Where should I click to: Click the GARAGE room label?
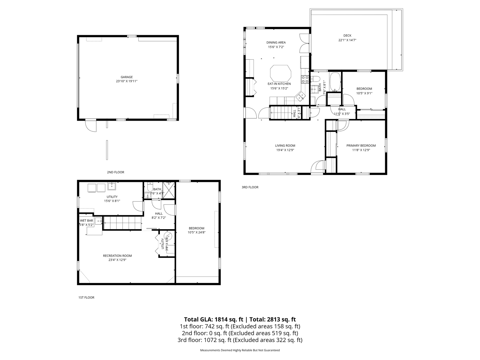[127, 77]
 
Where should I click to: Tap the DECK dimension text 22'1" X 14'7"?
[347, 40]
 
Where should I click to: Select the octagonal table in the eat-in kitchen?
[281, 73]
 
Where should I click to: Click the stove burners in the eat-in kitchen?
[305, 79]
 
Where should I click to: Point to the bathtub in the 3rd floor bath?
[335, 82]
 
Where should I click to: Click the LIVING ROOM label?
[285, 146]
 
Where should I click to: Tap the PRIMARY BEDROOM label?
[361, 146]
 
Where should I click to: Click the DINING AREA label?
[276, 42]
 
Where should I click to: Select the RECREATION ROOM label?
[117, 256]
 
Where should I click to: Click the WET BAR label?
[86, 221]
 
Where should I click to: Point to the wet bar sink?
[98, 221]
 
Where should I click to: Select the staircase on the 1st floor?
[122, 223]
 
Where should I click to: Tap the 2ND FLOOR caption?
[115, 172]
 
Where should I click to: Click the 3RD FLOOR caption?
[250, 187]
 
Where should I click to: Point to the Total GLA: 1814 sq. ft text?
[214, 319]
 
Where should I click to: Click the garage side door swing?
[91, 126]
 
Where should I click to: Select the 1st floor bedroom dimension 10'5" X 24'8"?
[196, 233]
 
